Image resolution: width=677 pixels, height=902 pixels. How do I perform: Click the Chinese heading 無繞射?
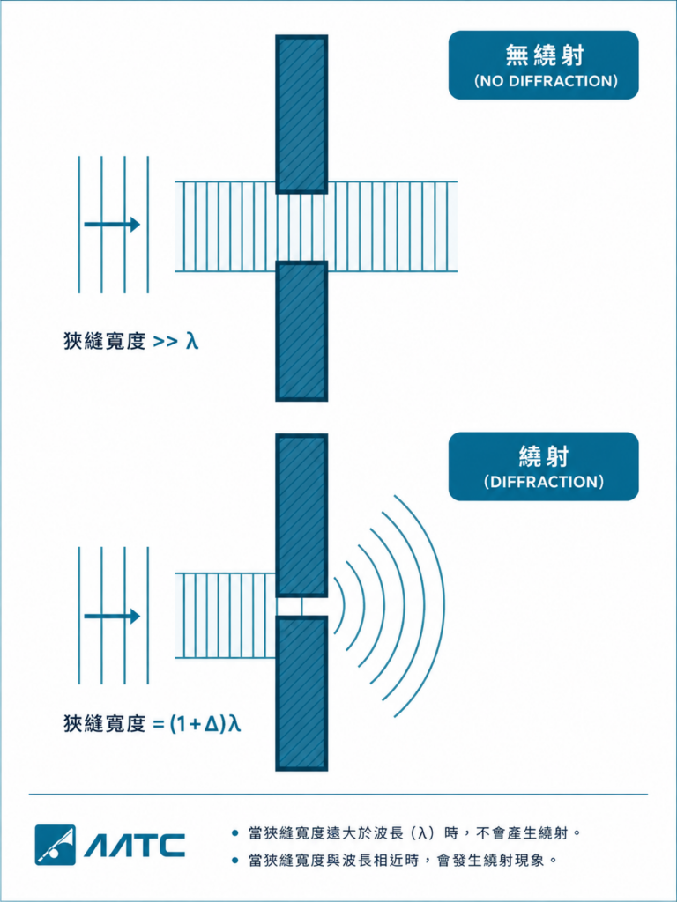coord(544,55)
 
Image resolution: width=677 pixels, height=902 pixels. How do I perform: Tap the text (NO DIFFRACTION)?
coord(545,81)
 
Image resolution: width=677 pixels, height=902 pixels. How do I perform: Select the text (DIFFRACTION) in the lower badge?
coord(544,482)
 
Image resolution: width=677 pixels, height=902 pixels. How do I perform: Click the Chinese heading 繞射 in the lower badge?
coord(544,457)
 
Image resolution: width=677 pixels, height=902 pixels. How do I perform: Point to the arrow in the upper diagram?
coord(112,224)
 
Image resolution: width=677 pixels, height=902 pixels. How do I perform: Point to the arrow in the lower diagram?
coord(112,616)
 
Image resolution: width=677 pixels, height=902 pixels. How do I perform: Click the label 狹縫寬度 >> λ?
coord(131,342)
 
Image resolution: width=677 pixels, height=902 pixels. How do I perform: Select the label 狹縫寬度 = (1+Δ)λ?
coord(152,723)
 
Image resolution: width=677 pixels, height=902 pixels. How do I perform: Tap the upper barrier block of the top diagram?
coord(301,114)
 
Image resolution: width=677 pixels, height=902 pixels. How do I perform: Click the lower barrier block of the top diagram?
coord(301,331)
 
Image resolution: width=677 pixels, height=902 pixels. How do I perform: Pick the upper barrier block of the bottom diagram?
coord(301,515)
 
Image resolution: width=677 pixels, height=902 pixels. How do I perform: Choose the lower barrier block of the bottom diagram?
coord(301,693)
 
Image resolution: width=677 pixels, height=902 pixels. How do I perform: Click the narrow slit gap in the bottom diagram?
coord(301,607)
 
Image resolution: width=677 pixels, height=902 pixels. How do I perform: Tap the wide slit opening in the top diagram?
coord(301,227)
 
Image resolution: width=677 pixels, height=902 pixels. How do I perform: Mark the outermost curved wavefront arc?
coord(444,606)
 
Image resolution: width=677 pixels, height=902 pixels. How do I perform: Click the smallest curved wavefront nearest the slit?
coord(343,606)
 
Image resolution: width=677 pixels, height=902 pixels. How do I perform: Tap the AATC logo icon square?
coord(56,845)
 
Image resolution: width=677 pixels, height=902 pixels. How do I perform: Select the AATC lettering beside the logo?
coord(135,846)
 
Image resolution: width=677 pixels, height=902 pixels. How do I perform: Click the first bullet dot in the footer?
coord(234,832)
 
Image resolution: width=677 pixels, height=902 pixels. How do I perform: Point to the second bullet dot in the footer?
coord(234,861)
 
